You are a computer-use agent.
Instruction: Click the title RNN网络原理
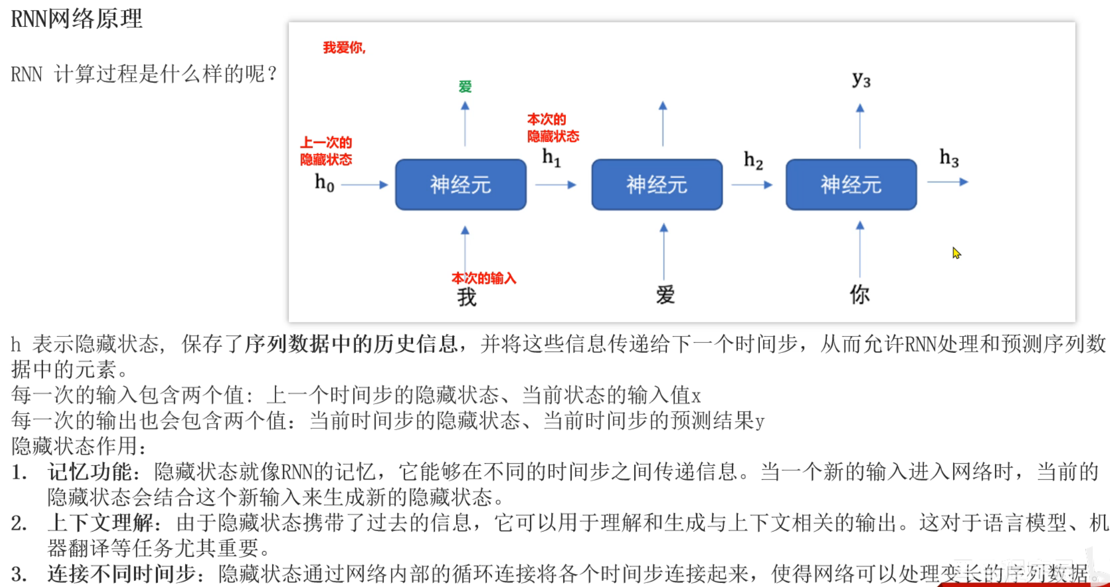tap(76, 19)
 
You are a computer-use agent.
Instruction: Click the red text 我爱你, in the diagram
tap(344, 48)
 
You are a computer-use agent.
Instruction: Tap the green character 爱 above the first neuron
tap(465, 87)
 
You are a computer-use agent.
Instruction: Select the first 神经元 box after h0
tap(460, 185)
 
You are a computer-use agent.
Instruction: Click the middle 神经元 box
tap(656, 185)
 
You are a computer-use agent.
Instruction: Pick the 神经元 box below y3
tap(851, 185)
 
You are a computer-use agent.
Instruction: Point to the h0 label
tap(324, 183)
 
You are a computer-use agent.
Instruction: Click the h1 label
tap(552, 158)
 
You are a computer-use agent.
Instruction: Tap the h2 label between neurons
tap(753, 160)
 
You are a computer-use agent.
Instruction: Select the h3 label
tap(949, 158)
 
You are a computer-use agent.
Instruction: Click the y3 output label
tap(861, 79)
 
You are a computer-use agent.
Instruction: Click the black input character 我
tap(467, 297)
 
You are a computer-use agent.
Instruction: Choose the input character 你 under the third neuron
tap(860, 294)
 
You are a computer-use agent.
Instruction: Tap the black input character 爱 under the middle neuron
tap(665, 294)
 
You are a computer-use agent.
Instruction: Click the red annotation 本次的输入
tap(484, 278)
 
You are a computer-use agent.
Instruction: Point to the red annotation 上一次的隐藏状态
tap(326, 151)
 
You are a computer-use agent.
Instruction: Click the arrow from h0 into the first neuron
tap(364, 185)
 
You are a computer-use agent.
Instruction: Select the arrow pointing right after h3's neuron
tap(947, 182)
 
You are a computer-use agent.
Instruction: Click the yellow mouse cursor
tap(956, 253)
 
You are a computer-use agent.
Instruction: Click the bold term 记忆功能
tap(90, 472)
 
